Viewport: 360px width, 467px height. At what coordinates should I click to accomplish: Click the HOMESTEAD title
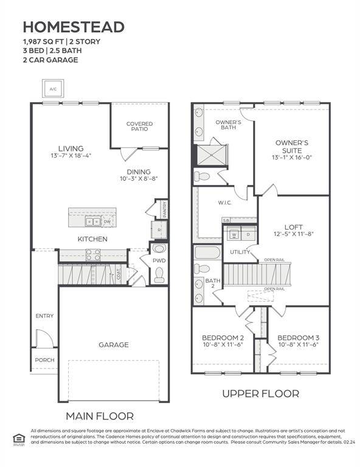tap(74, 27)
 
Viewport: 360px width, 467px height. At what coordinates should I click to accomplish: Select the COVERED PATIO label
tap(139, 126)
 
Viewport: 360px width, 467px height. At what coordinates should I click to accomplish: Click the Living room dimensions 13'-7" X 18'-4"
tap(71, 156)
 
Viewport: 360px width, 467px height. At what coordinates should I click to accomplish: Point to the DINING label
tap(139, 171)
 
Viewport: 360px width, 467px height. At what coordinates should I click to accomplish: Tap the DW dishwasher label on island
tap(106, 222)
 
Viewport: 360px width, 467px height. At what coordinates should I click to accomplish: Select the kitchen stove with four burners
tap(93, 255)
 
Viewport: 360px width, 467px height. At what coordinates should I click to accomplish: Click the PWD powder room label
tap(159, 261)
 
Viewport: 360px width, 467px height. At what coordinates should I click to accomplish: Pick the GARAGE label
tap(114, 345)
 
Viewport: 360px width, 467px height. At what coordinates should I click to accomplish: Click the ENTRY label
tap(44, 316)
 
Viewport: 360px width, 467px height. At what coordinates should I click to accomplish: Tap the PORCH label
tap(44, 360)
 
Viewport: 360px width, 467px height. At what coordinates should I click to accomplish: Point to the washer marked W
tap(234, 234)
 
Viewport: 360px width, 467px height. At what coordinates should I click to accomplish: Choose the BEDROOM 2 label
tap(223, 337)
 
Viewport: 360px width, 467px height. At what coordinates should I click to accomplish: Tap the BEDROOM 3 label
tap(298, 337)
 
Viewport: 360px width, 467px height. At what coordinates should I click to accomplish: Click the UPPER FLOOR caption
tap(260, 393)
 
